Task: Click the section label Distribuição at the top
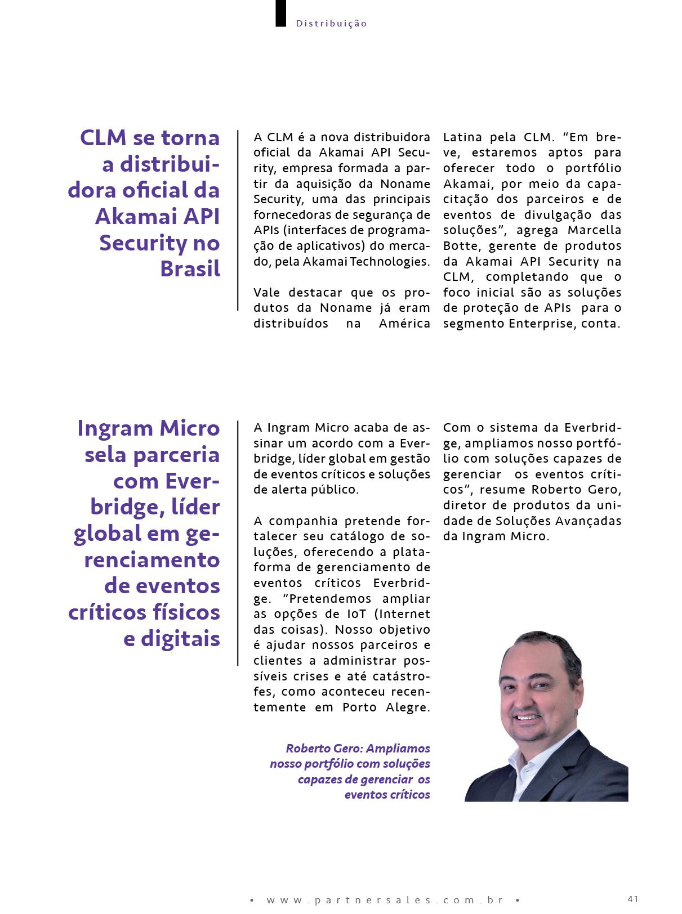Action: pyautogui.click(x=331, y=24)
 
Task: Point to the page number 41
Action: pyautogui.click(x=632, y=898)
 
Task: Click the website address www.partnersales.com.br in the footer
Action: pyautogui.click(x=385, y=900)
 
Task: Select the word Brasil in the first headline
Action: pyautogui.click(x=190, y=269)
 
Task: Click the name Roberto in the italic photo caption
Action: pyautogui.click(x=307, y=748)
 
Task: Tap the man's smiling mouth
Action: pyautogui.click(x=528, y=718)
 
